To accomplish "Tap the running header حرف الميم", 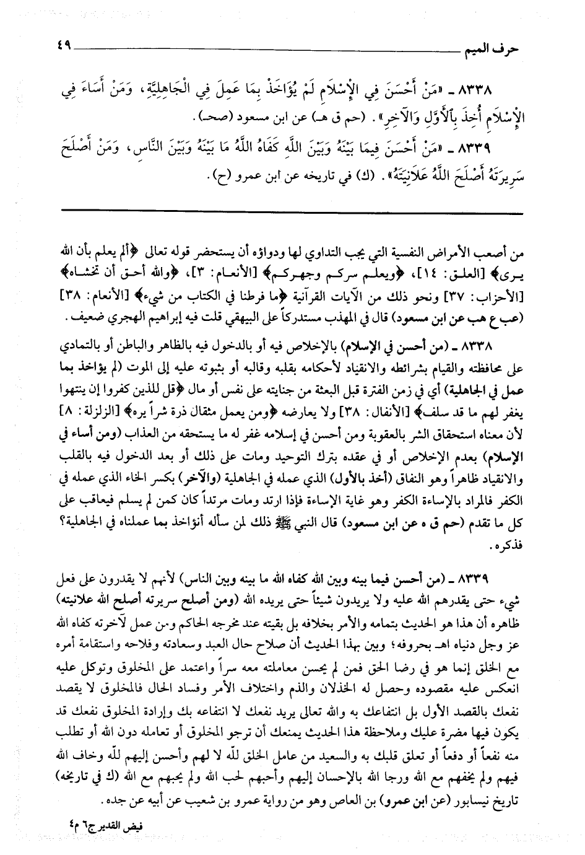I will [490, 48].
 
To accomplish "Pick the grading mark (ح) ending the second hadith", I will [217, 181].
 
